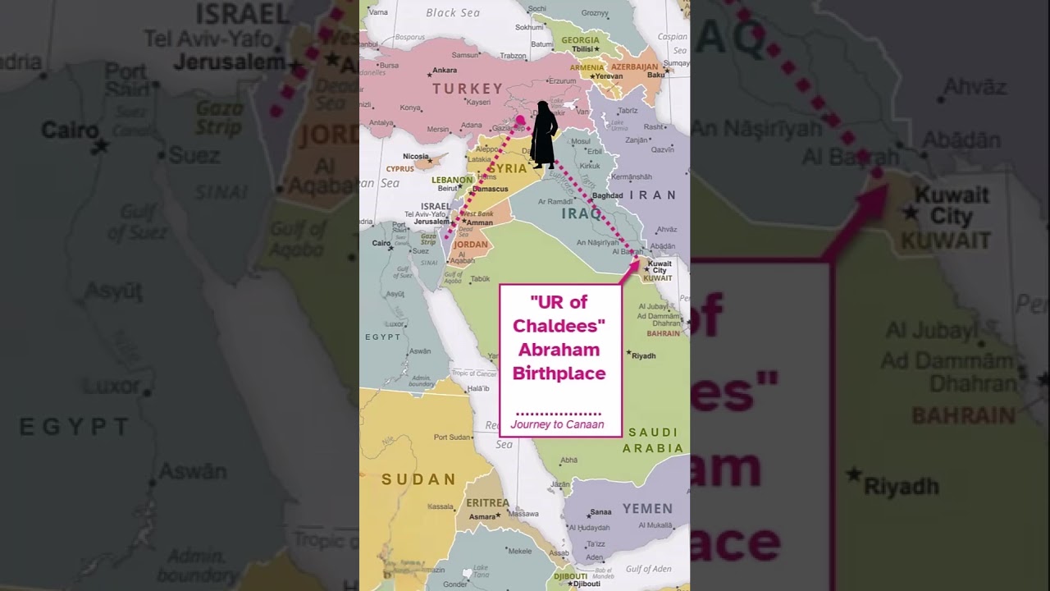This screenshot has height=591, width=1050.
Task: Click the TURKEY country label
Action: pos(468,89)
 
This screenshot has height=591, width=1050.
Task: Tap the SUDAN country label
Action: pos(418,479)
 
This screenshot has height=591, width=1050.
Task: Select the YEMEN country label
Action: pos(647,509)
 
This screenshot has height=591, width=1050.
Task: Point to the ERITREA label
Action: pos(488,502)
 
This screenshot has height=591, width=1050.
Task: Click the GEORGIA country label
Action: pos(580,40)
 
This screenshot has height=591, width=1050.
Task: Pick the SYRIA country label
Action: pos(508,169)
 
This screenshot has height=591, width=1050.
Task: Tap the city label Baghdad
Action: pos(608,195)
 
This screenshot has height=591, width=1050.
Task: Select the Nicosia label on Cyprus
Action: pos(416,156)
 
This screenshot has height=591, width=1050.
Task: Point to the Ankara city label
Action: pos(445,71)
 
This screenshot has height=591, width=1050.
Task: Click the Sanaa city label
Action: pos(600,512)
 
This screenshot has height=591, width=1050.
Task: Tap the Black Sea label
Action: pos(453,13)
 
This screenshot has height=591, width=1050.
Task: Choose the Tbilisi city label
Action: pos(582,49)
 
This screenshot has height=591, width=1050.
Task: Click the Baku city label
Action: pos(655,76)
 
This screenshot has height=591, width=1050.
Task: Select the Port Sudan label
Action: pos(451,438)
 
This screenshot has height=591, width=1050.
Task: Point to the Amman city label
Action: pos(480,222)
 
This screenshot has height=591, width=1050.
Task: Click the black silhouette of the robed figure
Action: pos(543,135)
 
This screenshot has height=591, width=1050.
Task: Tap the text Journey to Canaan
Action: pos(557,424)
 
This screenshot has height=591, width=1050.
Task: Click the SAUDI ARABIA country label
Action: pos(653,440)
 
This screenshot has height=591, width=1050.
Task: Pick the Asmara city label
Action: pos(482,516)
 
